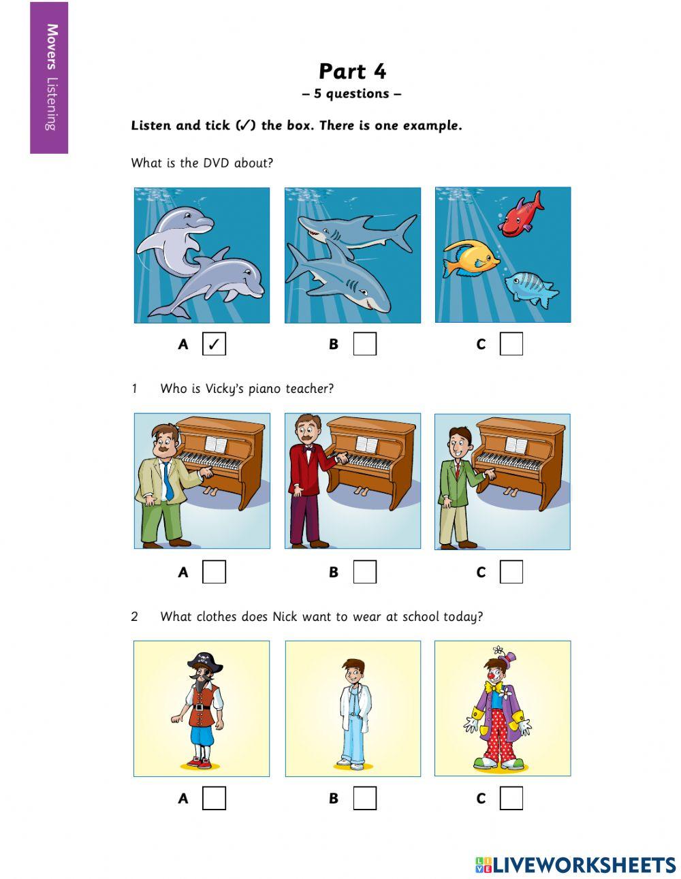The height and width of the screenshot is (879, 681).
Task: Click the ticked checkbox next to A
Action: coord(214,344)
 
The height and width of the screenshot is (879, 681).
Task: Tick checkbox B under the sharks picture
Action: coord(365,344)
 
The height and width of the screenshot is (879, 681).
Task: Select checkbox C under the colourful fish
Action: coord(511,344)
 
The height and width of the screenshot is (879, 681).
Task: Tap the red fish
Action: coord(521,214)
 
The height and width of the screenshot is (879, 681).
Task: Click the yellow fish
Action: coord(471,259)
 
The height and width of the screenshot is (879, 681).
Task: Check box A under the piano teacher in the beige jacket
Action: coord(214,571)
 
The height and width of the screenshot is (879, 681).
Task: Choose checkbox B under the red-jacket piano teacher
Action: coord(365,571)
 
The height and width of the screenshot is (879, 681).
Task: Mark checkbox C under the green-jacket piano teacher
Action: coord(511,571)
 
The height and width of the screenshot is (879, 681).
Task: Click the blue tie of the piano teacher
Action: coord(168,481)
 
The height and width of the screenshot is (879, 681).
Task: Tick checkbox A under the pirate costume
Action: coord(214,798)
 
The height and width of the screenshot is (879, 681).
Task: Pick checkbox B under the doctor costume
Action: coord(365,798)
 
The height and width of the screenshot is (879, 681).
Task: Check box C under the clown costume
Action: coord(511,798)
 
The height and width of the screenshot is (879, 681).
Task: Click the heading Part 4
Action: coord(352,71)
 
